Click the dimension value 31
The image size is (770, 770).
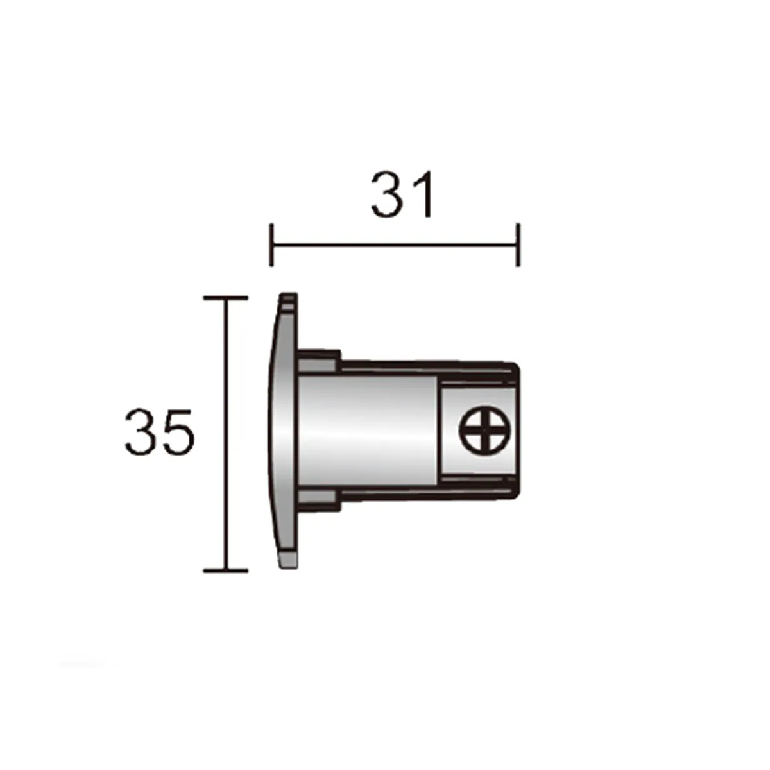[x=403, y=194]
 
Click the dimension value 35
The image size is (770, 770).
[x=158, y=432]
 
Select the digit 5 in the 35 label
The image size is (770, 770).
[x=176, y=432]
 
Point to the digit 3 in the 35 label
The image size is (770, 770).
[x=141, y=432]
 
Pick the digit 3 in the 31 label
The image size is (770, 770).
[x=388, y=194]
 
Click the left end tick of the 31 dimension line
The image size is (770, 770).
[x=272, y=244]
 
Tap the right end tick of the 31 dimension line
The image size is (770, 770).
[x=517, y=244]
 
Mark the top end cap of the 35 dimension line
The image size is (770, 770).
[x=225, y=298]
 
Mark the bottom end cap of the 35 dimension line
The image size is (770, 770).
[x=225, y=570]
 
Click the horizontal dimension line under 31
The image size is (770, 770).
[x=395, y=244]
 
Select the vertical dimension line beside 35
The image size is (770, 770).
[x=225, y=434]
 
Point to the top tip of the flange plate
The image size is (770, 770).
[x=289, y=298]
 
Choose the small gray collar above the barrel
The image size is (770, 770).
[x=318, y=361]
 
